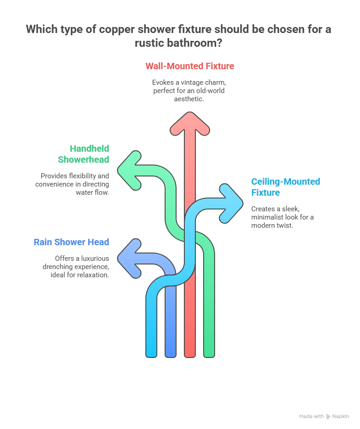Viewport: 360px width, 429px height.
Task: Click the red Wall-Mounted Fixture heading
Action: click(x=189, y=66)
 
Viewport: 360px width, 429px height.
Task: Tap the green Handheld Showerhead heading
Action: click(x=83, y=154)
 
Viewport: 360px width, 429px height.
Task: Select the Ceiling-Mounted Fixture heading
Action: click(x=285, y=187)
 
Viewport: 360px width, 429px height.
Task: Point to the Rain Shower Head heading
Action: click(x=71, y=242)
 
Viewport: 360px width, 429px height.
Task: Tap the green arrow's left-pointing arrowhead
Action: click(x=129, y=170)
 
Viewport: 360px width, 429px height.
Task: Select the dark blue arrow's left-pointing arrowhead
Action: click(x=129, y=258)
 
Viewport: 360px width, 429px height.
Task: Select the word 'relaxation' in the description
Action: click(x=93, y=275)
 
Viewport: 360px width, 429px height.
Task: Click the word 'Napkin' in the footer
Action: click(x=341, y=416)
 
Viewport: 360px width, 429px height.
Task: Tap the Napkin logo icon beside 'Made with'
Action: click(x=328, y=416)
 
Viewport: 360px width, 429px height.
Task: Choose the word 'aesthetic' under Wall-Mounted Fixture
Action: click(x=189, y=99)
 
